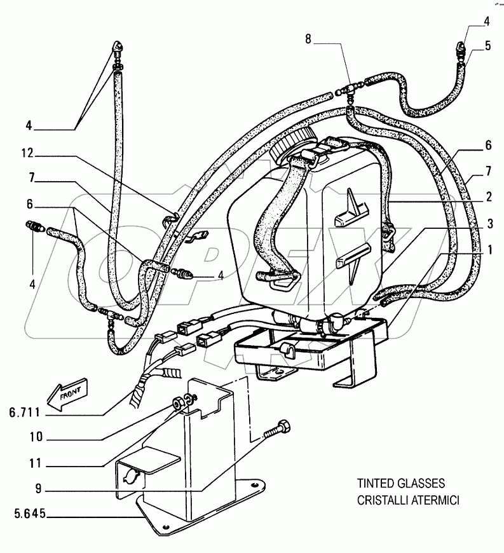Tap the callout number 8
308,39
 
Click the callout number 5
488,46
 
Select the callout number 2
488,198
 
